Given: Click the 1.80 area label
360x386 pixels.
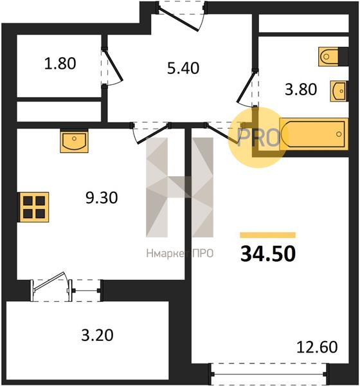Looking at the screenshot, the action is coord(60,64).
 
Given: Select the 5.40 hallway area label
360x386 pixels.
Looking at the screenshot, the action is coord(183,68).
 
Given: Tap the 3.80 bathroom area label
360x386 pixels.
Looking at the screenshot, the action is coord(301,89).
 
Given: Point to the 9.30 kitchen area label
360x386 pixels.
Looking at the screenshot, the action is coord(102,198).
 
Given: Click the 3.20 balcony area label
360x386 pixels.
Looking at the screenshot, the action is coord(97,335).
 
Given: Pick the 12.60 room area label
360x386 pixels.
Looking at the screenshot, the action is coord(317,347).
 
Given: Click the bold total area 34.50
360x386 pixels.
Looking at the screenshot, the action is coord(268,254).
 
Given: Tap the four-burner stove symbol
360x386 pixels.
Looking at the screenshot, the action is coord(33,207).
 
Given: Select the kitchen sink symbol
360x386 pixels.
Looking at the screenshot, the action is coord(74,142).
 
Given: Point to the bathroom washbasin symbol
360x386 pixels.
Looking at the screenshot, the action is coord(339,91).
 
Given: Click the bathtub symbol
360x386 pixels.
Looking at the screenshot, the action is coord(314,134).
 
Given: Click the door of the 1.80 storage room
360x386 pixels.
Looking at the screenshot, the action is coord(113,66).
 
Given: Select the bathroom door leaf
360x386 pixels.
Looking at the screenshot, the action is coord(246,86).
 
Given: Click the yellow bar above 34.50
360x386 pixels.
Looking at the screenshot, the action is coord(267,235).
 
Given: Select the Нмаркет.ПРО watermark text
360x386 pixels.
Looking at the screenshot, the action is coord(180,253).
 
